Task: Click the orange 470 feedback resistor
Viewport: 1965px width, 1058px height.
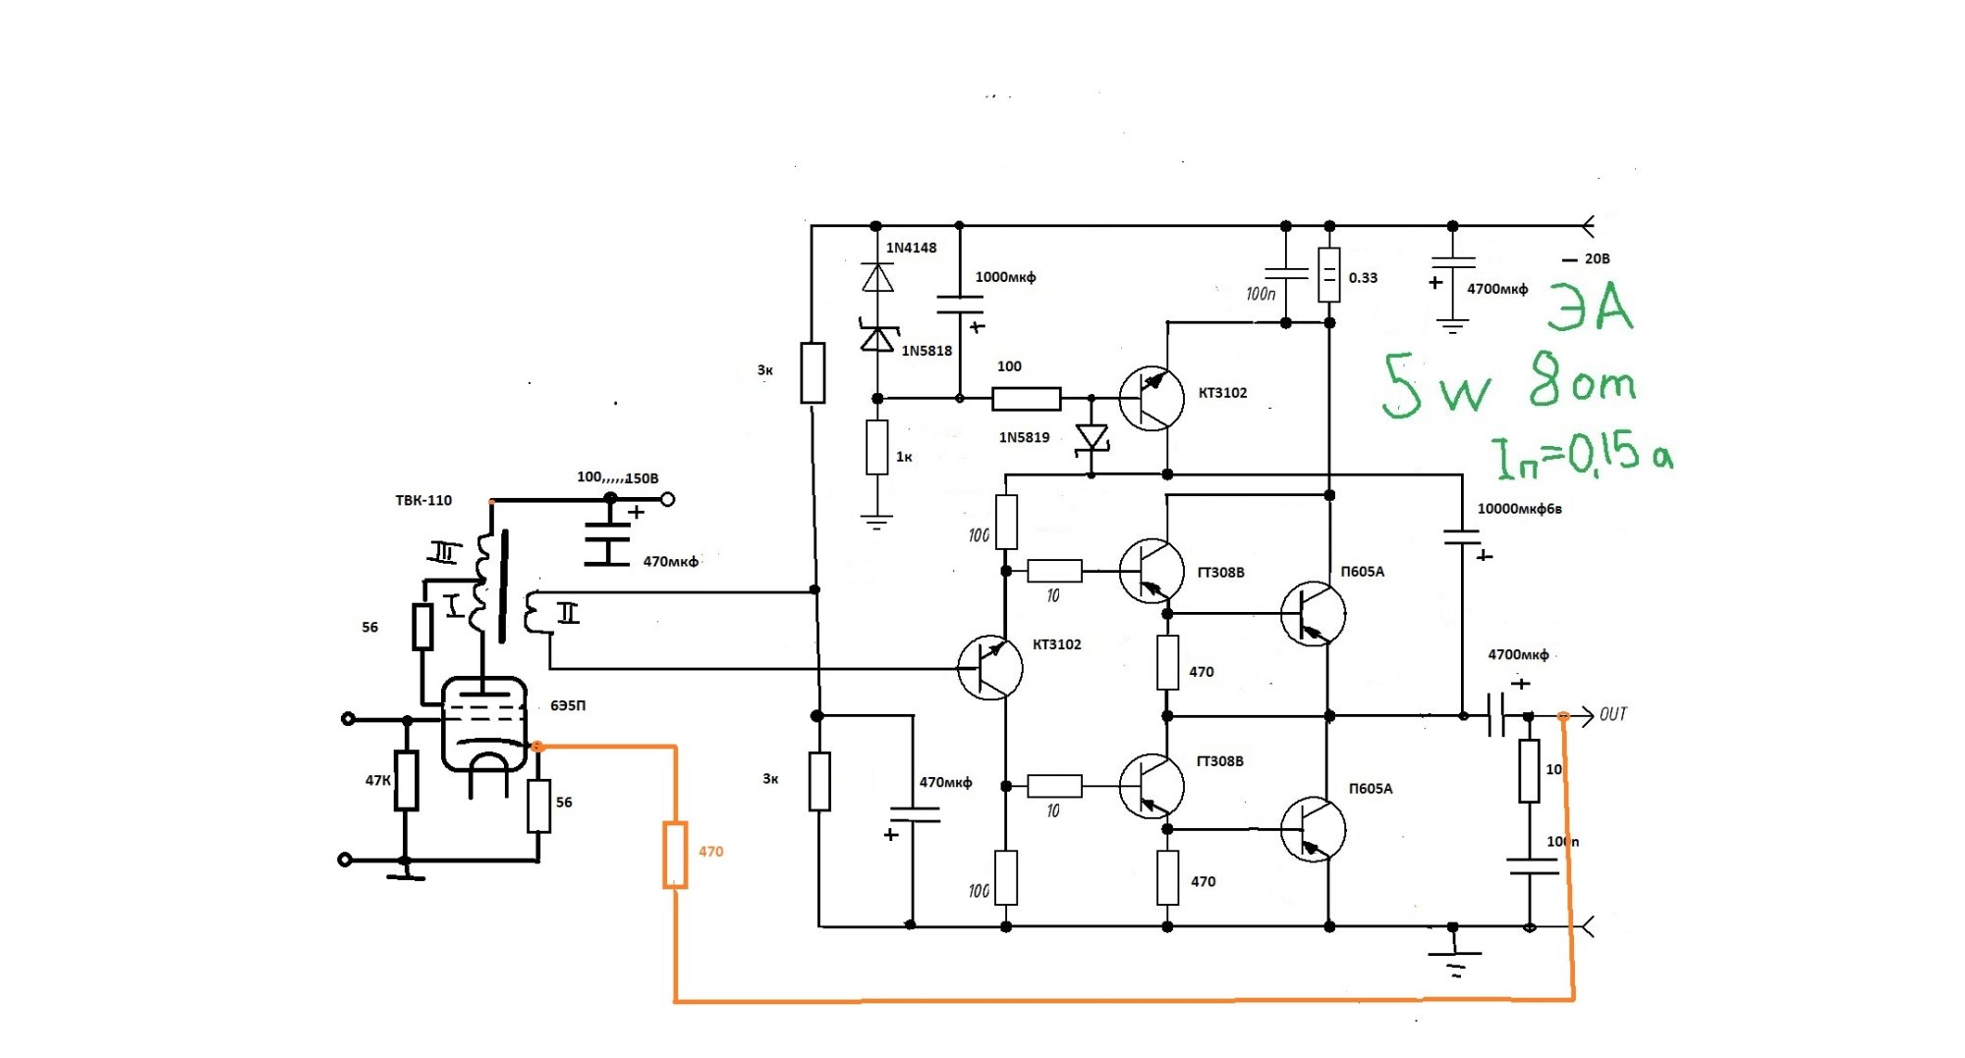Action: pos(675,855)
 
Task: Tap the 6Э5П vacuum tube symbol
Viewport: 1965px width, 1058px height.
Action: pos(483,724)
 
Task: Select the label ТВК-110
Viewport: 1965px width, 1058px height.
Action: pos(423,500)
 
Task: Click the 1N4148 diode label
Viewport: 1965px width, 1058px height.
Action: pos(911,248)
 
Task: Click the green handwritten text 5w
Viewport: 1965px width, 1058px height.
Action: pos(1436,385)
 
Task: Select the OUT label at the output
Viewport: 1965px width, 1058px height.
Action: pos(1613,714)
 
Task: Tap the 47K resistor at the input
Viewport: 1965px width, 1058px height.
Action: pos(406,781)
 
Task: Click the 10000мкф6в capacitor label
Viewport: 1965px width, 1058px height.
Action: pos(1519,509)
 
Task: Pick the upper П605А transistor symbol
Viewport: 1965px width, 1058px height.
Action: pos(1313,614)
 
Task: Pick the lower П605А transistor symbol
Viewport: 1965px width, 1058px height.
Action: pos(1313,830)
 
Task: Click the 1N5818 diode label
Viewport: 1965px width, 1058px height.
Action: pos(926,351)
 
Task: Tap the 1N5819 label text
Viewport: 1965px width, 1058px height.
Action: pos(1024,437)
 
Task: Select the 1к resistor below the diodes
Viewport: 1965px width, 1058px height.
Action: pos(877,447)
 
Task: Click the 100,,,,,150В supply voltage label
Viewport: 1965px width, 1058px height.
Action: pos(617,477)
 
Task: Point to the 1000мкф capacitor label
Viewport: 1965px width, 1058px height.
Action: pos(1005,277)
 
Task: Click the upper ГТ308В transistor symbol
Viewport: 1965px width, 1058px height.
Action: pos(1151,571)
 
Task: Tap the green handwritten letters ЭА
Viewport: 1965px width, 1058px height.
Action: pos(1590,306)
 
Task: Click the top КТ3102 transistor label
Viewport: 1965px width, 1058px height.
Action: pos(1222,393)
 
